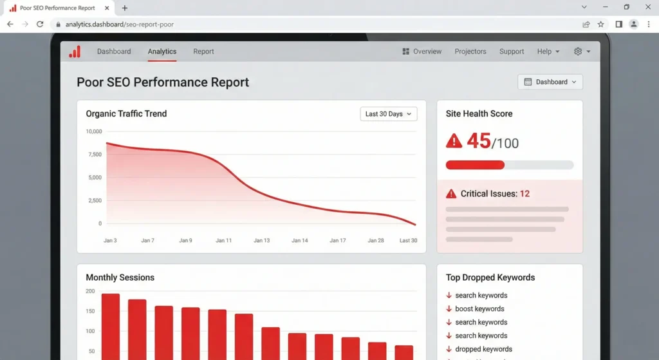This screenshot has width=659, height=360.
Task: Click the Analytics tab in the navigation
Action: point(162,52)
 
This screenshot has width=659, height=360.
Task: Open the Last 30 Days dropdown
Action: point(389,114)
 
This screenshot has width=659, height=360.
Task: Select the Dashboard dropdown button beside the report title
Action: point(550,82)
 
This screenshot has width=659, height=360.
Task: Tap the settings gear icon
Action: point(577,52)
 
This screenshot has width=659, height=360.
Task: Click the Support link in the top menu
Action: point(512,52)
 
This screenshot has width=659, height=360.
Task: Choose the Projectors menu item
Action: point(470,52)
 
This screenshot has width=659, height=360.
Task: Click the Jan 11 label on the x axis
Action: point(224,240)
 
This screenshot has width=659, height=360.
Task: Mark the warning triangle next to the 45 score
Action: point(454,140)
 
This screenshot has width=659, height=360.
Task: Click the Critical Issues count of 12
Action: point(524,194)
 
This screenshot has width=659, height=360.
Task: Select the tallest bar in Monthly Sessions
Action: point(111,326)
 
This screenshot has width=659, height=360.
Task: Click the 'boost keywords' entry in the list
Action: point(479,309)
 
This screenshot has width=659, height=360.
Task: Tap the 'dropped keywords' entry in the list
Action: point(483,349)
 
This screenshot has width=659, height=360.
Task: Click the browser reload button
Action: point(40,24)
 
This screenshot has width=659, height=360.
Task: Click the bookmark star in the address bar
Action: point(600,24)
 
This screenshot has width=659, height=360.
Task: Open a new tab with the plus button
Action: point(125,8)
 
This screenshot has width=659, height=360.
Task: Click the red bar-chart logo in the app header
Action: point(75,52)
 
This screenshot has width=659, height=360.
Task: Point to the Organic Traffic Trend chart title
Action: point(126,114)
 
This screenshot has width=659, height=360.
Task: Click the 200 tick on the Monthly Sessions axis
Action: point(90,291)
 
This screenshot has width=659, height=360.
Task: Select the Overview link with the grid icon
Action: point(422,52)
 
